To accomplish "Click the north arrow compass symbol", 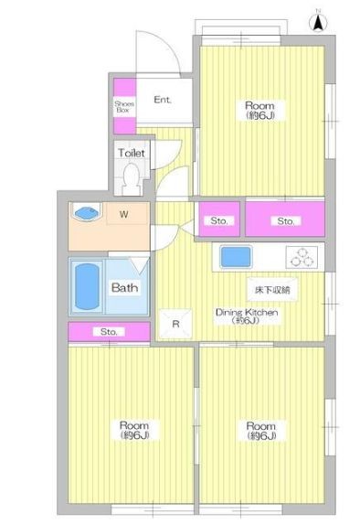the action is point(319,22).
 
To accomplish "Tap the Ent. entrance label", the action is point(163,100).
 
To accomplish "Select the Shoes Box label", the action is point(124,107).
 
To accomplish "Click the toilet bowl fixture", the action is point(132,178).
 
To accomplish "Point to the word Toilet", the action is point(132,153).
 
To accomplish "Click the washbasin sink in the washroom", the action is point(87,212).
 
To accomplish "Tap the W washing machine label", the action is point(124,214).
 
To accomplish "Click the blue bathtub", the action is point(87,286).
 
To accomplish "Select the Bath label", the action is point(124,287).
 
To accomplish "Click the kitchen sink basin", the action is point(236,257).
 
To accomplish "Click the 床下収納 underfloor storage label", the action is point(272,290).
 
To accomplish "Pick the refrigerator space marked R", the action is point(175,324).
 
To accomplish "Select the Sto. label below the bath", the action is point(109,332).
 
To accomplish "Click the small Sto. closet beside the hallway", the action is point(219,219).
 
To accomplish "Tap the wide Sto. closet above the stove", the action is point(285,219).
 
